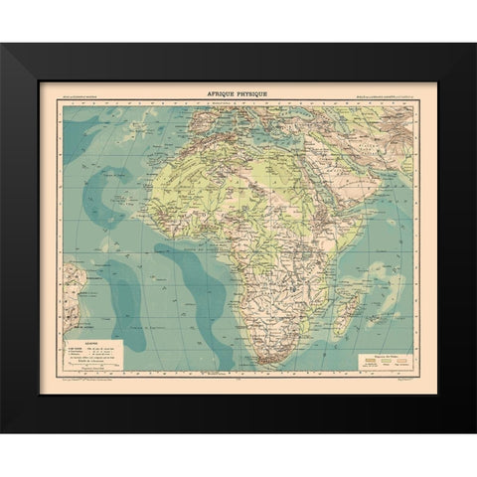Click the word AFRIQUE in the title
(x=224, y=91)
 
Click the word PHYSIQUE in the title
(x=256, y=91)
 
